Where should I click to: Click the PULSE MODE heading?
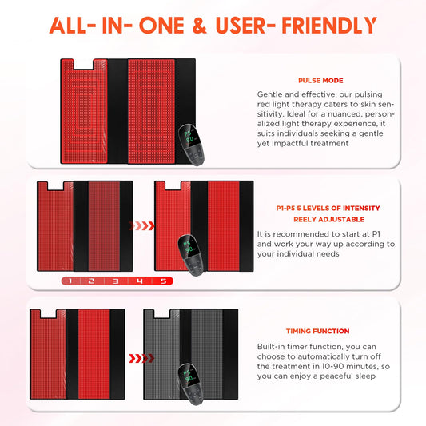[320, 81]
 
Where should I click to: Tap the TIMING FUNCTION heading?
[317, 331]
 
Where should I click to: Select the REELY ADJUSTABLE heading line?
[328, 220]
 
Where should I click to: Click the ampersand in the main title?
[200, 26]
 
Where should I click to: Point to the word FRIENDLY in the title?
[329, 26]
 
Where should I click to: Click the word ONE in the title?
[162, 26]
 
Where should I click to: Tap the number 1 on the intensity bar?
[70, 281]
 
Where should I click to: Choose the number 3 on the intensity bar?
[116, 281]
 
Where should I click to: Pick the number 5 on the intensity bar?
[163, 281]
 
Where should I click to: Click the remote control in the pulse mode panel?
[191, 145]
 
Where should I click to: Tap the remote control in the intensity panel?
[191, 255]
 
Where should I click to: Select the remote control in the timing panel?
[191, 384]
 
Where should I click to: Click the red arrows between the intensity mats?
[141, 225]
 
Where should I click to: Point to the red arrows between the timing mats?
[141, 358]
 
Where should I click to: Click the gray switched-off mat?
[191, 354]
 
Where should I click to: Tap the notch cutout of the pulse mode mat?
[83, 64]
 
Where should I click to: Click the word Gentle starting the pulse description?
[270, 94]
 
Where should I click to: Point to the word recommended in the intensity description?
[293, 234]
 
